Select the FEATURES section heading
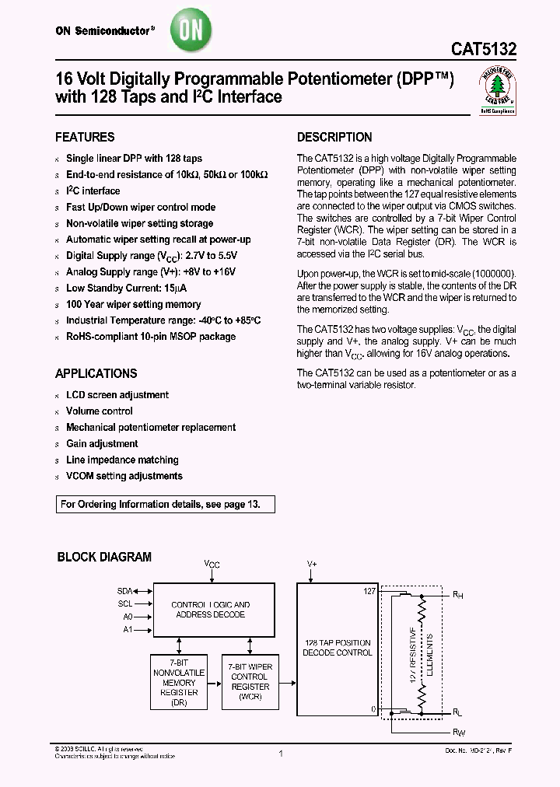[x=85, y=137]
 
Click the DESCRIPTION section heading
[x=334, y=137]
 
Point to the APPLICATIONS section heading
[x=96, y=373]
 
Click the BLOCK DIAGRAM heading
[x=104, y=557]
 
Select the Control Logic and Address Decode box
[x=210, y=610]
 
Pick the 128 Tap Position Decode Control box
[x=337, y=648]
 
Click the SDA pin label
[x=124, y=591]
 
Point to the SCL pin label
[x=124, y=603]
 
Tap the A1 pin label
[x=128, y=629]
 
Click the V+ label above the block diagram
[x=312, y=562]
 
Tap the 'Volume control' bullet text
[x=99, y=411]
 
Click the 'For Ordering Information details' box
[x=166, y=504]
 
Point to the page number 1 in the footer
[x=280, y=754]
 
